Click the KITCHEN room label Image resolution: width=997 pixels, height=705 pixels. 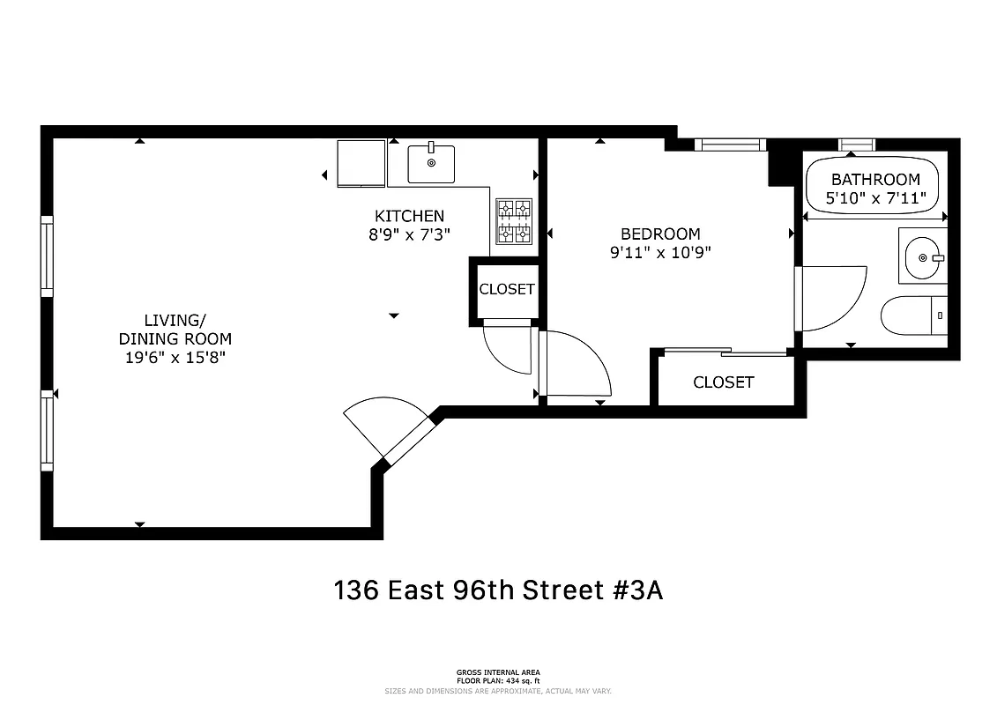[x=409, y=216]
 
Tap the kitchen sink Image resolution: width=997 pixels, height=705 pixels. [x=431, y=164]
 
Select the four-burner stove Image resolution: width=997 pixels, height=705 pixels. [x=514, y=220]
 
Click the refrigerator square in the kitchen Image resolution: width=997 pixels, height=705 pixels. [x=361, y=163]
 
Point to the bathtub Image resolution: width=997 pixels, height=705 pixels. [x=872, y=187]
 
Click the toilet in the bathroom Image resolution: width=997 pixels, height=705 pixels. [x=913, y=315]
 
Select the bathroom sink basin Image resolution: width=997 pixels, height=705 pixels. [x=922, y=256]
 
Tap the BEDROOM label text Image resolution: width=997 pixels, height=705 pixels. [x=660, y=234]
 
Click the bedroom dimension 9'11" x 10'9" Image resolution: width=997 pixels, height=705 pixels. [x=660, y=252]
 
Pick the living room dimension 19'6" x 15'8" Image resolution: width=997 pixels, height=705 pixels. [x=175, y=357]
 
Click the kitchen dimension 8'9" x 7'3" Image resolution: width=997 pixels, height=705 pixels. [x=409, y=234]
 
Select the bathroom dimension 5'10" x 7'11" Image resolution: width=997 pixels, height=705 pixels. [x=874, y=199]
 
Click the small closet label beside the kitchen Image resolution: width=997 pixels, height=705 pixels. [x=507, y=289]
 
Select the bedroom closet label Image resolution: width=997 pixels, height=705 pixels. [x=723, y=382]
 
